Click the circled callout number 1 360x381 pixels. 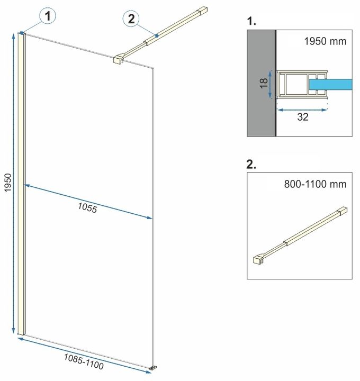pyautogui.click(x=48, y=16)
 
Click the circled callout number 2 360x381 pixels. pyautogui.click(x=131, y=19)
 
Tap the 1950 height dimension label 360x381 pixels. pyautogui.click(x=8, y=183)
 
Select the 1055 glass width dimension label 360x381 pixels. pyautogui.click(x=87, y=208)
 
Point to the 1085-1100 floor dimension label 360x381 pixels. pyautogui.click(x=84, y=361)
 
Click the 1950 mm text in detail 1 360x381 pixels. pyautogui.click(x=325, y=41)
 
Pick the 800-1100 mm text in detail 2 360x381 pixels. pyautogui.click(x=316, y=184)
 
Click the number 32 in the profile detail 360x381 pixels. pyautogui.click(x=303, y=117)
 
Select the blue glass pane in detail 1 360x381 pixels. pyautogui.click(x=330, y=84)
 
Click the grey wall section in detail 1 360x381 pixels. pyautogui.click(x=262, y=83)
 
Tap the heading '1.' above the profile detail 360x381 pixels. pyautogui.click(x=251, y=21)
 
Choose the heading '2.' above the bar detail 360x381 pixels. pyautogui.click(x=251, y=164)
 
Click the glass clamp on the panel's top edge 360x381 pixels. pyautogui.click(x=119, y=59)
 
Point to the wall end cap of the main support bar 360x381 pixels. pyautogui.click(x=202, y=11)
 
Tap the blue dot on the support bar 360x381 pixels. pyautogui.click(x=157, y=36)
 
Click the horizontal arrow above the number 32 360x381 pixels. pyautogui.click(x=302, y=110)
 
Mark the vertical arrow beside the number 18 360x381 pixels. pyautogui.click(x=271, y=85)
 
